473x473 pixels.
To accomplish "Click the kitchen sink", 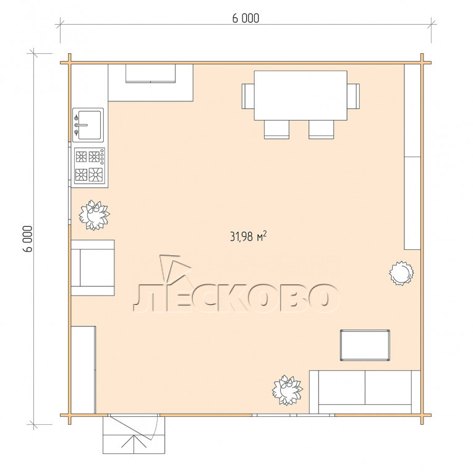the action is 88,125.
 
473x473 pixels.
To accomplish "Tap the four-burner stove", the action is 90,166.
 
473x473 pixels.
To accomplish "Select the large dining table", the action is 300,95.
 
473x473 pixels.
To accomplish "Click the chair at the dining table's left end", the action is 248,96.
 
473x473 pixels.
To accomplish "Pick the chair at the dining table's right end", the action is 353,96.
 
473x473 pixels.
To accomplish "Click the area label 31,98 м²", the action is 249,236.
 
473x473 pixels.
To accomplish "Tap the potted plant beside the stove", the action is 94,215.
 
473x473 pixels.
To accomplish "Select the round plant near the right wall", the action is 401,273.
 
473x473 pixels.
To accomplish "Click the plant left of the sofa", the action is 287,390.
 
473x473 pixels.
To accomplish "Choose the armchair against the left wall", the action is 93,268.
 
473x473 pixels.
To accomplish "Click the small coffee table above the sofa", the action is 365,345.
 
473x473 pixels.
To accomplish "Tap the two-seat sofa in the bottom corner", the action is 365,392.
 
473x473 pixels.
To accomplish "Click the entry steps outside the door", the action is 134,435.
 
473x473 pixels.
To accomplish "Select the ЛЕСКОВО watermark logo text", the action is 236,297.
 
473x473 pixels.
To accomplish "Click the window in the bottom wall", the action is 293,415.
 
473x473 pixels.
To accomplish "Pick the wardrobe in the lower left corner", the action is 83,370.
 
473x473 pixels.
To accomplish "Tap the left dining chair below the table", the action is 276,129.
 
